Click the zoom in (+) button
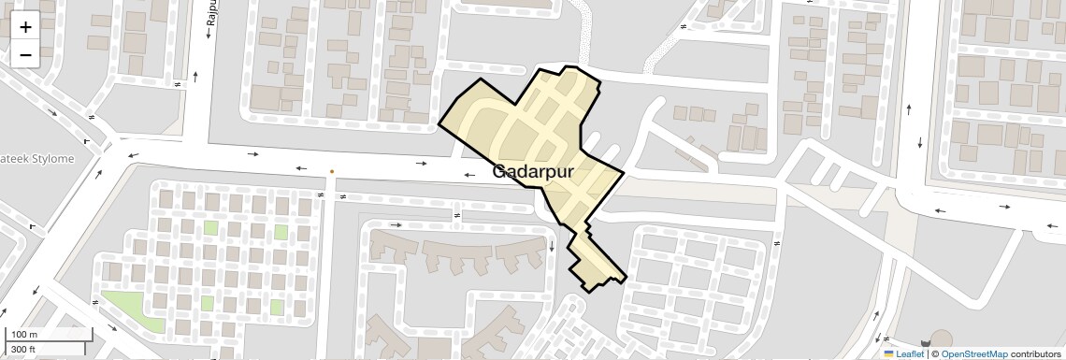[x=25, y=27]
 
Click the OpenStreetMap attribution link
[x=974, y=353]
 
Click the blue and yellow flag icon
[x=889, y=353]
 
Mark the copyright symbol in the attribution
[x=934, y=353]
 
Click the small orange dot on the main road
[x=331, y=171]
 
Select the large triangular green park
[x=125, y=305]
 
